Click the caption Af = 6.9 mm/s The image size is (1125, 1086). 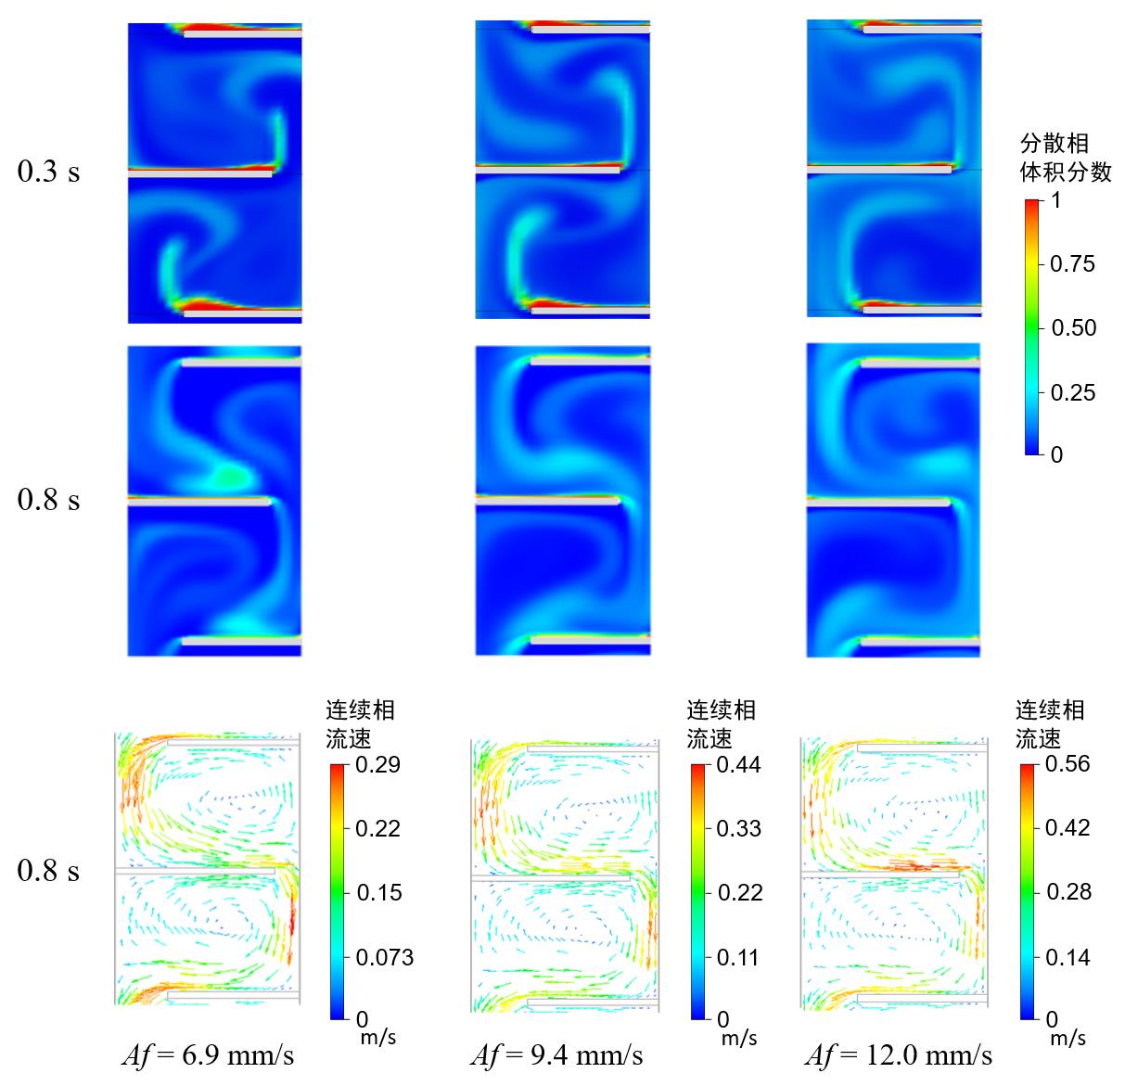click(208, 1054)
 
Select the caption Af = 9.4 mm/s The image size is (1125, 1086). click(556, 1054)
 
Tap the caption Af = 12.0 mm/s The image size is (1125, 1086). click(899, 1054)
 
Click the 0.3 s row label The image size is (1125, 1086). click(48, 172)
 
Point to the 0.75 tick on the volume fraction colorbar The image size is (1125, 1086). click(1072, 264)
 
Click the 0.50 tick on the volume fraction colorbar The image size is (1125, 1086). click(1072, 328)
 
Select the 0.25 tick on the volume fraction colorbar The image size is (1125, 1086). click(1072, 392)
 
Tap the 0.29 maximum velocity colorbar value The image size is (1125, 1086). click(377, 765)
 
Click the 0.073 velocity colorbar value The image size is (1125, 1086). click(384, 957)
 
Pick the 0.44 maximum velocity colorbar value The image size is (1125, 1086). click(738, 765)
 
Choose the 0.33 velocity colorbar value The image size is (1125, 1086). click(738, 828)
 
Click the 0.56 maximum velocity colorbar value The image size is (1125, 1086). click(1067, 764)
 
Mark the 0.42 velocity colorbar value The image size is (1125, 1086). click(1067, 827)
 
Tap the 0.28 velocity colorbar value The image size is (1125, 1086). click(1067, 892)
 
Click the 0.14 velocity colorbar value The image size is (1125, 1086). click(1067, 957)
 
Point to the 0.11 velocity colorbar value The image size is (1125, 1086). click(738, 957)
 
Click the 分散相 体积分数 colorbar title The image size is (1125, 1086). click(1065, 158)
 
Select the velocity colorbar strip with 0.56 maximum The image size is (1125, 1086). click(1028, 890)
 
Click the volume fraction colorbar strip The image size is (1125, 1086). click(1032, 326)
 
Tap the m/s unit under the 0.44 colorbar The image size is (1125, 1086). click(739, 1038)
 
